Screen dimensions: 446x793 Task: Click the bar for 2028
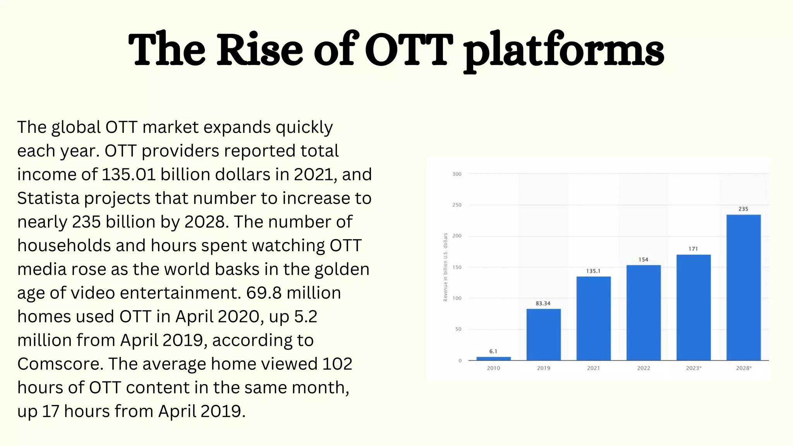[x=743, y=287]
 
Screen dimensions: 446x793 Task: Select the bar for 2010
[x=493, y=359]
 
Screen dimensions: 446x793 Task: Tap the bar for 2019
[x=543, y=334]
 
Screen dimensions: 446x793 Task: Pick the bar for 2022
[x=644, y=312]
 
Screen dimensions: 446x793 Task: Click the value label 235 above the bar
[x=743, y=209]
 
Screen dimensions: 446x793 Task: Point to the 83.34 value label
[x=543, y=304]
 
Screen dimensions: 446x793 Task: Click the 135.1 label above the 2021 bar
[x=593, y=271]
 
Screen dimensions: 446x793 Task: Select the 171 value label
[x=693, y=249]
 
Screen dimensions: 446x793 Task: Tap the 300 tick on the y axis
[x=457, y=174]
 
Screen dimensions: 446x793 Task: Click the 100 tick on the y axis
[x=457, y=298]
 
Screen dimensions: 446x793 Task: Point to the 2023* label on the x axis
[x=693, y=368]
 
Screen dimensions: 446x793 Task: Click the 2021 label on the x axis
[x=593, y=368]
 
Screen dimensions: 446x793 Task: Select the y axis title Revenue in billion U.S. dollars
[x=445, y=267]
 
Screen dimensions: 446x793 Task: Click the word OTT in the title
[x=409, y=50]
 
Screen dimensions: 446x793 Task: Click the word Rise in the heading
[x=259, y=50]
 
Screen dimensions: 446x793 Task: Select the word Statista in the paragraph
[x=48, y=198]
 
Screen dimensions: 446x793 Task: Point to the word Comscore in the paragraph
[x=60, y=364]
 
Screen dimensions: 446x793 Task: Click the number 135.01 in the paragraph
[x=129, y=175]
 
